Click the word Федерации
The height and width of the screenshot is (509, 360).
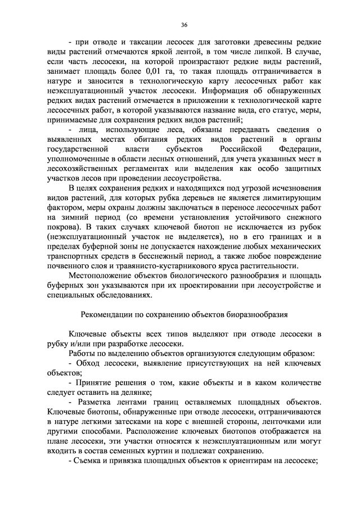click(299, 149)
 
